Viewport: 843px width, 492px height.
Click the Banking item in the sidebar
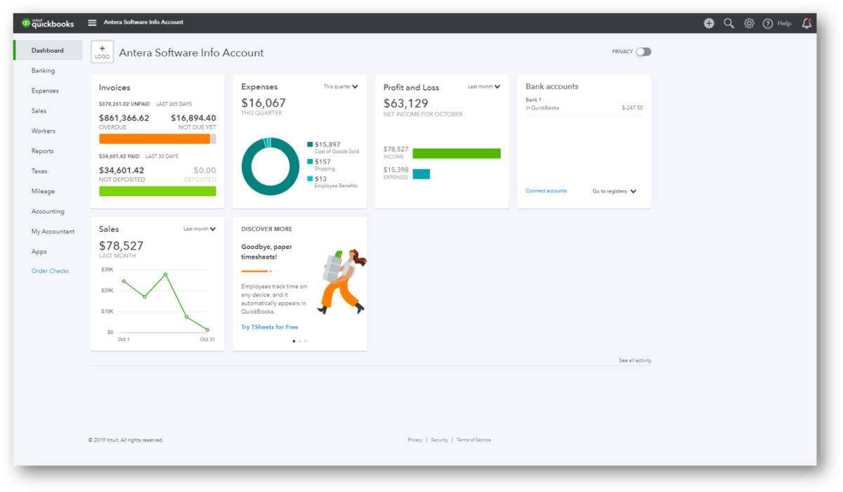click(x=43, y=71)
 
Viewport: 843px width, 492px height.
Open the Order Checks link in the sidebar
click(x=50, y=271)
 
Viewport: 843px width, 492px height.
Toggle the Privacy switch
click(x=643, y=52)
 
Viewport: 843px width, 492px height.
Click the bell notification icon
click(x=806, y=23)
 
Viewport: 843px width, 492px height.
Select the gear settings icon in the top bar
click(x=749, y=23)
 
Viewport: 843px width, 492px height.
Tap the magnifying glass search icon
click(x=728, y=23)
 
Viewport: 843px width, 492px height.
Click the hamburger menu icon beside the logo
click(x=92, y=22)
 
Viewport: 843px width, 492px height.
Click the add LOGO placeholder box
click(x=102, y=53)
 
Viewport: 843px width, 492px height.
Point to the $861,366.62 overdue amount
click(x=124, y=118)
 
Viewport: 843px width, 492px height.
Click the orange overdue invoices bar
click(x=155, y=139)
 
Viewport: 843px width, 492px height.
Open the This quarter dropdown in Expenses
click(x=341, y=87)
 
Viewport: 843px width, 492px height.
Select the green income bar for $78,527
click(x=457, y=153)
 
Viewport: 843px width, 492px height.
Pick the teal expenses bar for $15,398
click(x=421, y=174)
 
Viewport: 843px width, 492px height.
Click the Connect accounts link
click(x=546, y=191)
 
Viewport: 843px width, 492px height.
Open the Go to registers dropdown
click(x=614, y=191)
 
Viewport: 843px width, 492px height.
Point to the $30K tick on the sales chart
click(x=107, y=269)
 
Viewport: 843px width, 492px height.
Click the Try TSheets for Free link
click(x=270, y=328)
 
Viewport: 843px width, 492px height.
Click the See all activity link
click(x=635, y=361)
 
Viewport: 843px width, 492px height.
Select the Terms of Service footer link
click(x=473, y=440)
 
